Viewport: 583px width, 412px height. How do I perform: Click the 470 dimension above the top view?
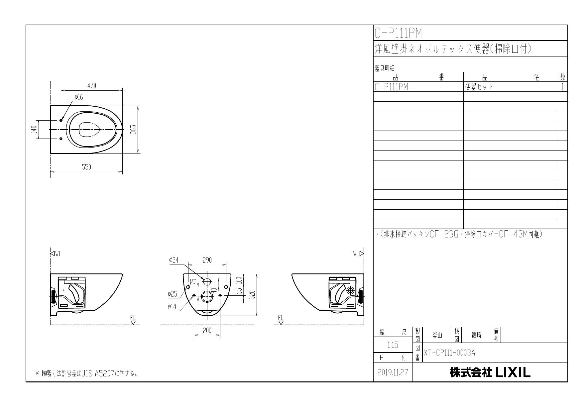91,86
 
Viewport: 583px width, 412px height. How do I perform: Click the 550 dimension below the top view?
86,167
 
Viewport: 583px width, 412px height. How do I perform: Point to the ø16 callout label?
79,97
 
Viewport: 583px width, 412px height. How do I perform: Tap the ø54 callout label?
174,260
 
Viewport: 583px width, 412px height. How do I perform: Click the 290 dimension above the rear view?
207,260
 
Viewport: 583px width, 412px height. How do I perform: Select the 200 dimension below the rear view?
207,331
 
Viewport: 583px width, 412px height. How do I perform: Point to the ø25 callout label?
173,294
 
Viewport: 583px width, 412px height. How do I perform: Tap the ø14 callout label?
172,307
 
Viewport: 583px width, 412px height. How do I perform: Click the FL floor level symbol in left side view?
133,320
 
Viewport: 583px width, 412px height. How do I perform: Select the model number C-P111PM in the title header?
398,33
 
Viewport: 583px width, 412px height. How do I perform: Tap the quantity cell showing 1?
562,87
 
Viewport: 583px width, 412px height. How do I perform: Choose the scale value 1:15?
393,345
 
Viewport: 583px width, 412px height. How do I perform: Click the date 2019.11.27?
393,372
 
